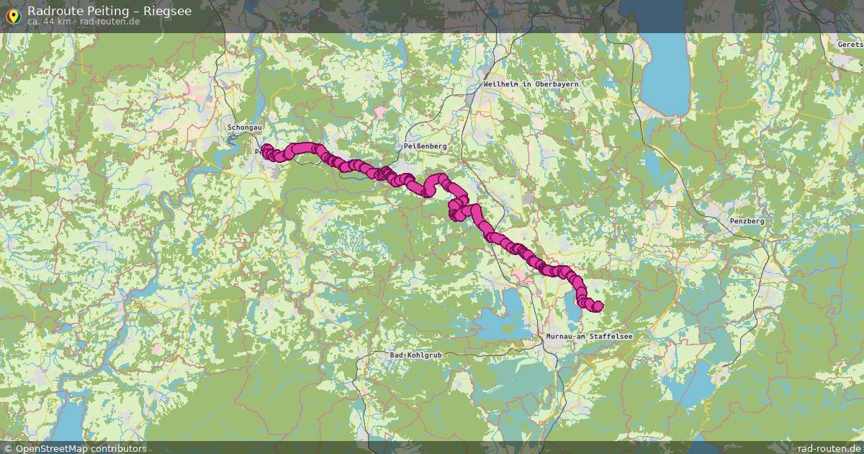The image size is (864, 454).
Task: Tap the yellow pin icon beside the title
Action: [12, 15]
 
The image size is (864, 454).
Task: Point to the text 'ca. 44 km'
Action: [49, 22]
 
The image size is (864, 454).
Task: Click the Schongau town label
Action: [244, 128]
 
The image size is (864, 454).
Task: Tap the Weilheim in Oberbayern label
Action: [531, 84]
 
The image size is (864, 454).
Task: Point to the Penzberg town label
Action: [747, 221]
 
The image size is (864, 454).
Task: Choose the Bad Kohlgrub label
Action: [415, 355]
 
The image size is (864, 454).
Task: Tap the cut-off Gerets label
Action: [850, 44]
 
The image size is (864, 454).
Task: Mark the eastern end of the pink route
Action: [597, 306]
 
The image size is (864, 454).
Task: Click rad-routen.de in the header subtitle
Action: [109, 22]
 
